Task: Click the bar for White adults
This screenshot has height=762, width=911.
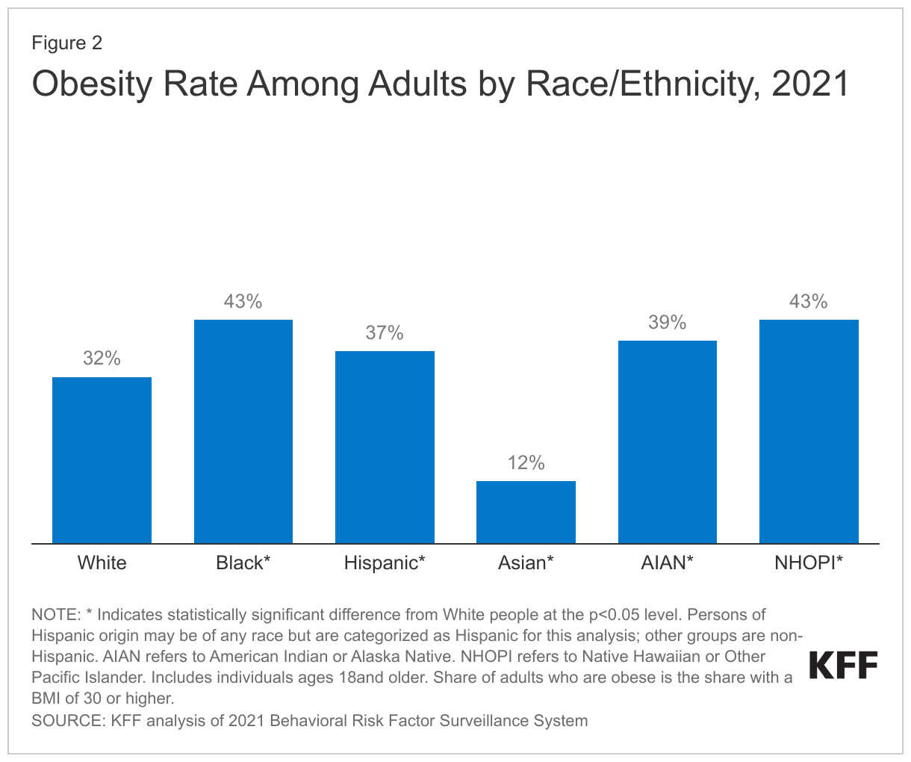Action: pos(102,460)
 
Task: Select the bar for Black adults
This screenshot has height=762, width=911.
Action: pos(243,432)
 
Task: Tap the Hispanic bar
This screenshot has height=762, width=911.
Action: pos(385,447)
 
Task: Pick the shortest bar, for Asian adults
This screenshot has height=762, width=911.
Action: pos(526,512)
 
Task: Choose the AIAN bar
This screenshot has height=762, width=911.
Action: pos(668,442)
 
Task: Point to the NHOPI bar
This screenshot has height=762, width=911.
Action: pos(809,432)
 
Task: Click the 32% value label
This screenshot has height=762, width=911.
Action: pos(102,359)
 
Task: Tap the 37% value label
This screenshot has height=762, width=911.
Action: pos(385,333)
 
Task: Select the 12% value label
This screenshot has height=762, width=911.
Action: pos(526,463)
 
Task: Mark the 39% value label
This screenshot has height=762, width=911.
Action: pos(668,323)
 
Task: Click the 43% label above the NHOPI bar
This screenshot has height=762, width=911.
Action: pos(809,302)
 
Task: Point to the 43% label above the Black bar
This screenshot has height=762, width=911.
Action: pos(243,302)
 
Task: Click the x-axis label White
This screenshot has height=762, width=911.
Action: pos(102,563)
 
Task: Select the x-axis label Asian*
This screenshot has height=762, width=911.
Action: pos(526,563)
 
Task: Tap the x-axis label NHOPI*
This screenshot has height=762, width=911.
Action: pos(809,563)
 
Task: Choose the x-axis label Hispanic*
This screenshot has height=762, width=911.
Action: pos(385,563)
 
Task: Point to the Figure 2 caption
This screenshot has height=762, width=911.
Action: pos(67,43)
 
